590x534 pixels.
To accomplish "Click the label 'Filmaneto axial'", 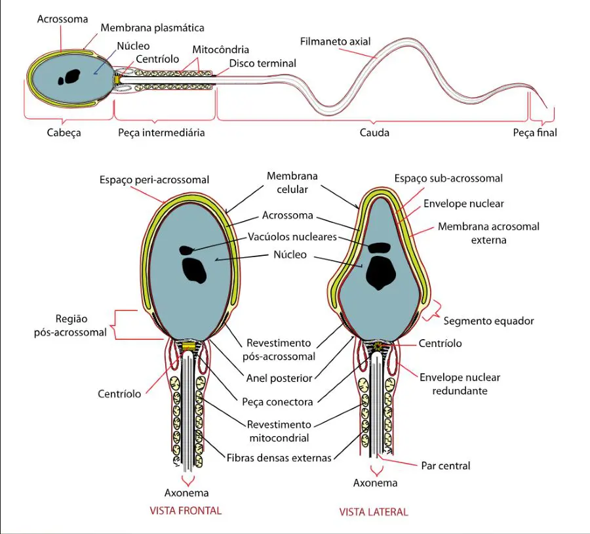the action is [335, 41].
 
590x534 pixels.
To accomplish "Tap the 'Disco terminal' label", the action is [263, 63].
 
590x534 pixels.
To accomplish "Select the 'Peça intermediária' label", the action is [161, 133].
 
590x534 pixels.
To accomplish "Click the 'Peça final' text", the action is [535, 133].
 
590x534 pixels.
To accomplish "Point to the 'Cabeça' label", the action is [64, 133].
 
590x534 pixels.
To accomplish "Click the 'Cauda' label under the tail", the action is [374, 133].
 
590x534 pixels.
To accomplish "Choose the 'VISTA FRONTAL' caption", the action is [186, 510].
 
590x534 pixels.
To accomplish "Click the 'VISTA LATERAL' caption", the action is [374, 512].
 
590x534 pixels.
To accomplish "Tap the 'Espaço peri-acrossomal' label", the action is [154, 180].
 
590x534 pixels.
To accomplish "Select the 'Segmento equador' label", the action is [488, 321].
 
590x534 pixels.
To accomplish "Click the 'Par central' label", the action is [446, 466].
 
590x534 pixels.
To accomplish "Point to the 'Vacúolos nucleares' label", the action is [292, 237].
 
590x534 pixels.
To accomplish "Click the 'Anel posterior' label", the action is [279, 378].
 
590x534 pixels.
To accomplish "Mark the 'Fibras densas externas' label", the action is [279, 458].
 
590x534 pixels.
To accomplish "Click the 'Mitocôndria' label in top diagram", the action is [220, 50].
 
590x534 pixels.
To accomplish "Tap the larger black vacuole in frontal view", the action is [194, 270].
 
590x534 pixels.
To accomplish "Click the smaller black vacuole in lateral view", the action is [380, 247].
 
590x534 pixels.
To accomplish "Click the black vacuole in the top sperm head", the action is [69, 77].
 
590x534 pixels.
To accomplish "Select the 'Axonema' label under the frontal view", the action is [186, 493].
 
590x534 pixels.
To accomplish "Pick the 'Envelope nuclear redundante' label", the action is [460, 384].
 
